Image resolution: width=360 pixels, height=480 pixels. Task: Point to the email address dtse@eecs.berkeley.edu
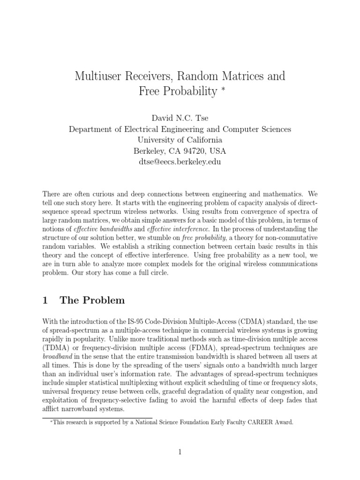180,162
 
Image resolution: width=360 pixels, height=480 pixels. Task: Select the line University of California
180,140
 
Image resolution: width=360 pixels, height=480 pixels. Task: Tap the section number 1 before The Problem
45,301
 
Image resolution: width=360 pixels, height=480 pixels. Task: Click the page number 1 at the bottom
180,452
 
